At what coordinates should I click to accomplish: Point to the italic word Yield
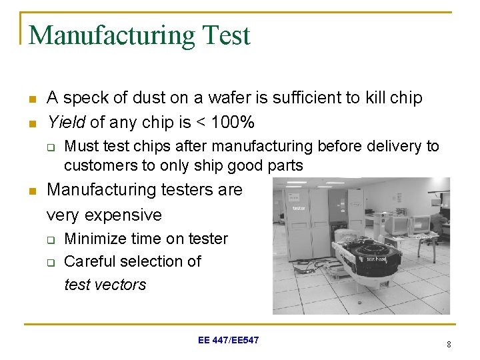[66, 123]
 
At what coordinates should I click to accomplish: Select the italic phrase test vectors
[105, 285]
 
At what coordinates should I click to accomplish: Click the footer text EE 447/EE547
[229, 341]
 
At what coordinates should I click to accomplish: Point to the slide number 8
[449, 344]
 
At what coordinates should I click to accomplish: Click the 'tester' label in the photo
[299, 208]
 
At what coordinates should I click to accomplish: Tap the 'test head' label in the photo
[375, 259]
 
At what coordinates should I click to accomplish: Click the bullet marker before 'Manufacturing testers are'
[31, 191]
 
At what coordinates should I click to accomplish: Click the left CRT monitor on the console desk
[399, 225]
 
